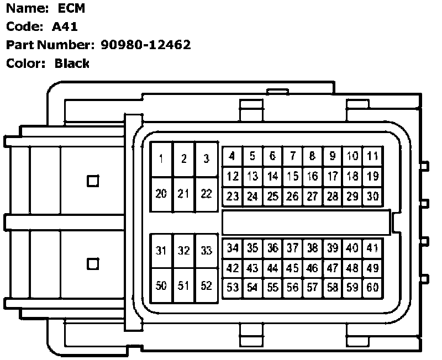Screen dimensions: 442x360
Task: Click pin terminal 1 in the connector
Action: click(161, 160)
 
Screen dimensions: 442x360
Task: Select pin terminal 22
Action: click(206, 194)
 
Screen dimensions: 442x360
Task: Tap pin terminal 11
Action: click(372, 156)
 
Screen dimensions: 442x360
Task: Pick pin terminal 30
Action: click(372, 196)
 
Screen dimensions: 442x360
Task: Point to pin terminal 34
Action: click(233, 248)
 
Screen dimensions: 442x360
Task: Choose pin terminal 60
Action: click(372, 288)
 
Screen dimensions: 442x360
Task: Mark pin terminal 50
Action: click(161, 286)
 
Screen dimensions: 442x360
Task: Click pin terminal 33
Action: click(206, 251)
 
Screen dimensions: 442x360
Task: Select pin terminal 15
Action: click(293, 177)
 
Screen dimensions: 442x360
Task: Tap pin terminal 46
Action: click(313, 268)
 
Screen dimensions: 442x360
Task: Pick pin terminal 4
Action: click(233, 156)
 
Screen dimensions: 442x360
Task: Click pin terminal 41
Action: click(372, 248)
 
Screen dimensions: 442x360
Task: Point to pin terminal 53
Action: click(233, 288)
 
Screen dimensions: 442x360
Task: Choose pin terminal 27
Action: click(313, 196)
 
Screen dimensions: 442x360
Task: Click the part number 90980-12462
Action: click(146, 45)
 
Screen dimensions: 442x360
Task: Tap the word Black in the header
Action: click(72, 63)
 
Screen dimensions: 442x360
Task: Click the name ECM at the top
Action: click(72, 8)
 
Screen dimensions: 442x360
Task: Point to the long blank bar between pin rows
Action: click(306, 222)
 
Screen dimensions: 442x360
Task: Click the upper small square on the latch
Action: click(93, 181)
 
